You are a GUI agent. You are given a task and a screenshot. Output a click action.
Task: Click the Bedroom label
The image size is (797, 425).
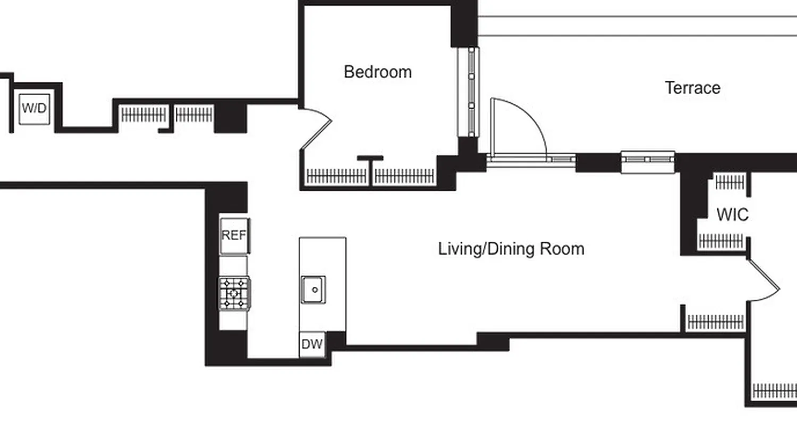(378, 72)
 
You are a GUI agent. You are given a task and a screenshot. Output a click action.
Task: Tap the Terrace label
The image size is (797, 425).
(692, 88)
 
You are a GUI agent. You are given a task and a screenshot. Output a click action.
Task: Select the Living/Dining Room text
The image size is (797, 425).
(511, 249)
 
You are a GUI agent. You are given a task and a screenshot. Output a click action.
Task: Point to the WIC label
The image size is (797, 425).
(732, 215)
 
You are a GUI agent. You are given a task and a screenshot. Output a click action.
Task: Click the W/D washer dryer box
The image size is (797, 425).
(35, 109)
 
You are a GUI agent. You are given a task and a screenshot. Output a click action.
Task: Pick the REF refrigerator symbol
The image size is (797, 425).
(234, 235)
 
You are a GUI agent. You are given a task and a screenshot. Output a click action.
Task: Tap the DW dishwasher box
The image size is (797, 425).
(312, 344)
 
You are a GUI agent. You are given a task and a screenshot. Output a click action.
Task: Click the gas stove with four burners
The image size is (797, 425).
(234, 293)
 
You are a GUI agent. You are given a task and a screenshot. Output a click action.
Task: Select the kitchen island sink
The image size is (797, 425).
(313, 290)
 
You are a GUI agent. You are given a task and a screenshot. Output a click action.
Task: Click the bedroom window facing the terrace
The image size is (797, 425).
(469, 91)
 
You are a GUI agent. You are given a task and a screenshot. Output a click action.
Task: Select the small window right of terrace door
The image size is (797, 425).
(648, 159)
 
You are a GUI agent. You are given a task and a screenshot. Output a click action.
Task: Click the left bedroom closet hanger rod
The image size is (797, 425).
(337, 176)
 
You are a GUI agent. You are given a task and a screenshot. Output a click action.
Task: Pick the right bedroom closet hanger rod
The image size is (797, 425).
(404, 176)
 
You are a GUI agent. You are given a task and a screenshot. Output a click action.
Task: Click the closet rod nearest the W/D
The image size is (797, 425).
(143, 115)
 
